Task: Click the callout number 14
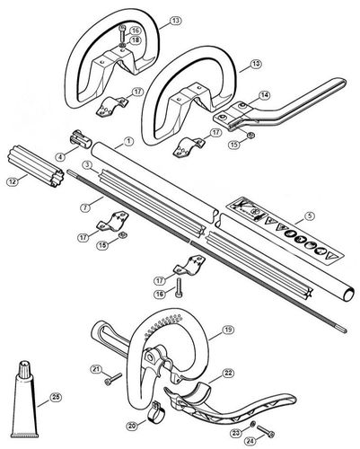pyautogui.click(x=265, y=94)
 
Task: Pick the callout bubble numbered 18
pyautogui.click(x=135, y=39)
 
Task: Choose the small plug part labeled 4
pyautogui.click(x=78, y=143)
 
